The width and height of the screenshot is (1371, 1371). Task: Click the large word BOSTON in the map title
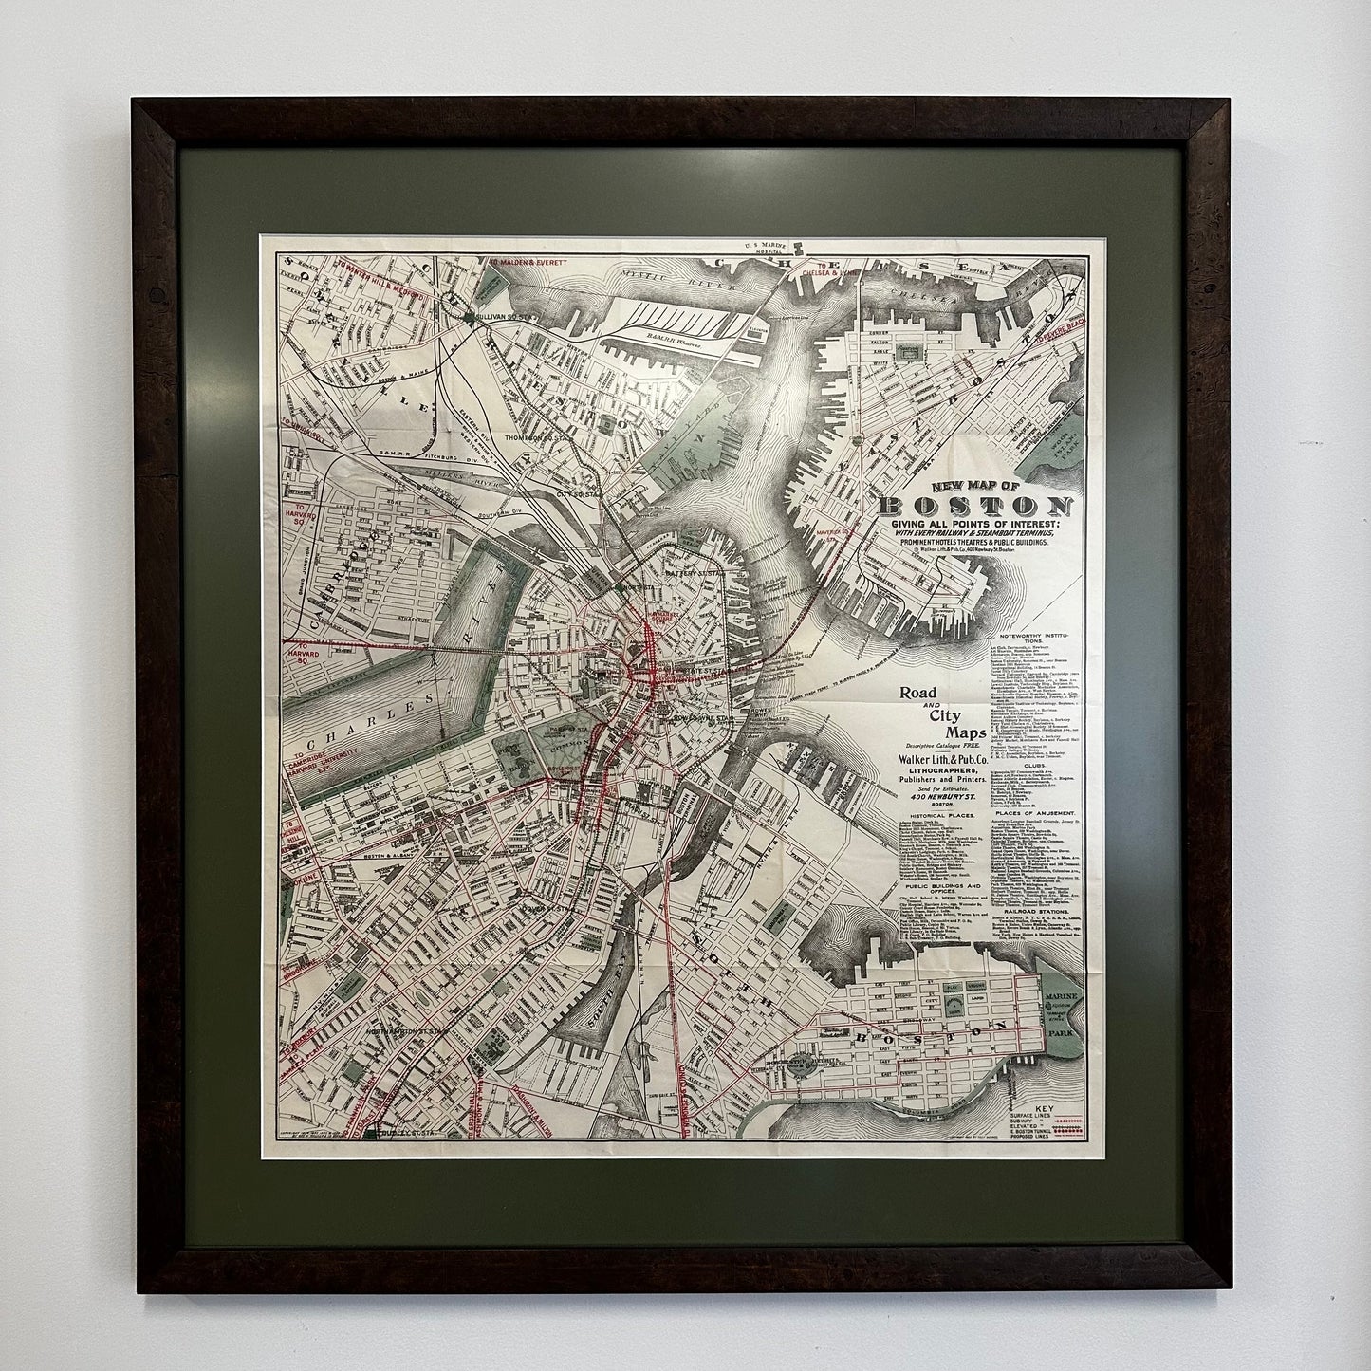[x=978, y=507]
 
